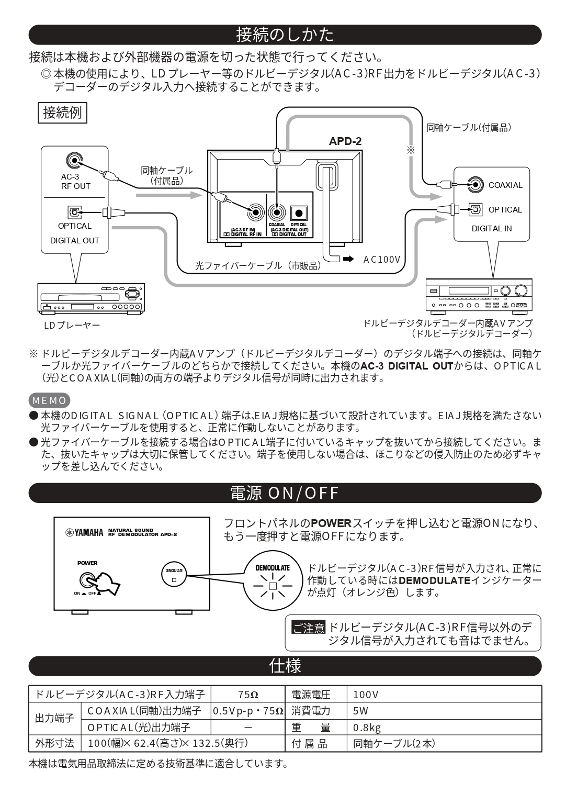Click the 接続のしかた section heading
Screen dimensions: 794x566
pyautogui.click(x=285, y=35)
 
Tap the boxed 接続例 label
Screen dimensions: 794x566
pyautogui.click(x=62, y=113)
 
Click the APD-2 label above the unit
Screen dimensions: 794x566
pyautogui.click(x=345, y=141)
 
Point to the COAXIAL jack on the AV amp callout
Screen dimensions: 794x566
pyautogui.click(x=475, y=184)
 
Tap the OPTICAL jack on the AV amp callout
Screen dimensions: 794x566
pyautogui.click(x=475, y=209)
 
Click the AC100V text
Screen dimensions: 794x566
pyautogui.click(x=382, y=259)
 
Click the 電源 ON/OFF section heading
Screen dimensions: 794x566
pyautogui.click(x=285, y=493)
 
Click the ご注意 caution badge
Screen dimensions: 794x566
pyautogui.click(x=308, y=628)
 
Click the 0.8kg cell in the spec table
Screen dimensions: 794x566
pyautogui.click(x=367, y=727)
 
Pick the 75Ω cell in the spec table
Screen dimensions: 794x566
pyautogui.click(x=248, y=695)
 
